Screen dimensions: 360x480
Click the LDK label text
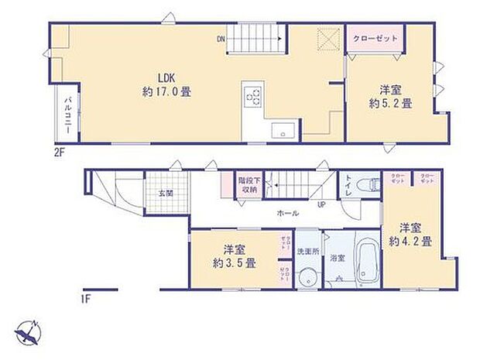pyautogui.click(x=166, y=77)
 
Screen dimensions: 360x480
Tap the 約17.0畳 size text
pyautogui.click(x=166, y=91)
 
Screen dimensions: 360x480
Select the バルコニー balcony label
pyautogui.click(x=68, y=115)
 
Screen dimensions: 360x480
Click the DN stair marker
pyautogui.click(x=221, y=39)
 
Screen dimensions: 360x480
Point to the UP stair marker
pyautogui.click(x=321, y=205)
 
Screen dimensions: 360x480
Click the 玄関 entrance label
pyautogui.click(x=166, y=194)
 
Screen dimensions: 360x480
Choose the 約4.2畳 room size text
pyautogui.click(x=416, y=235)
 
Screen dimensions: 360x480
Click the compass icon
pyautogui.click(x=29, y=334)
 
